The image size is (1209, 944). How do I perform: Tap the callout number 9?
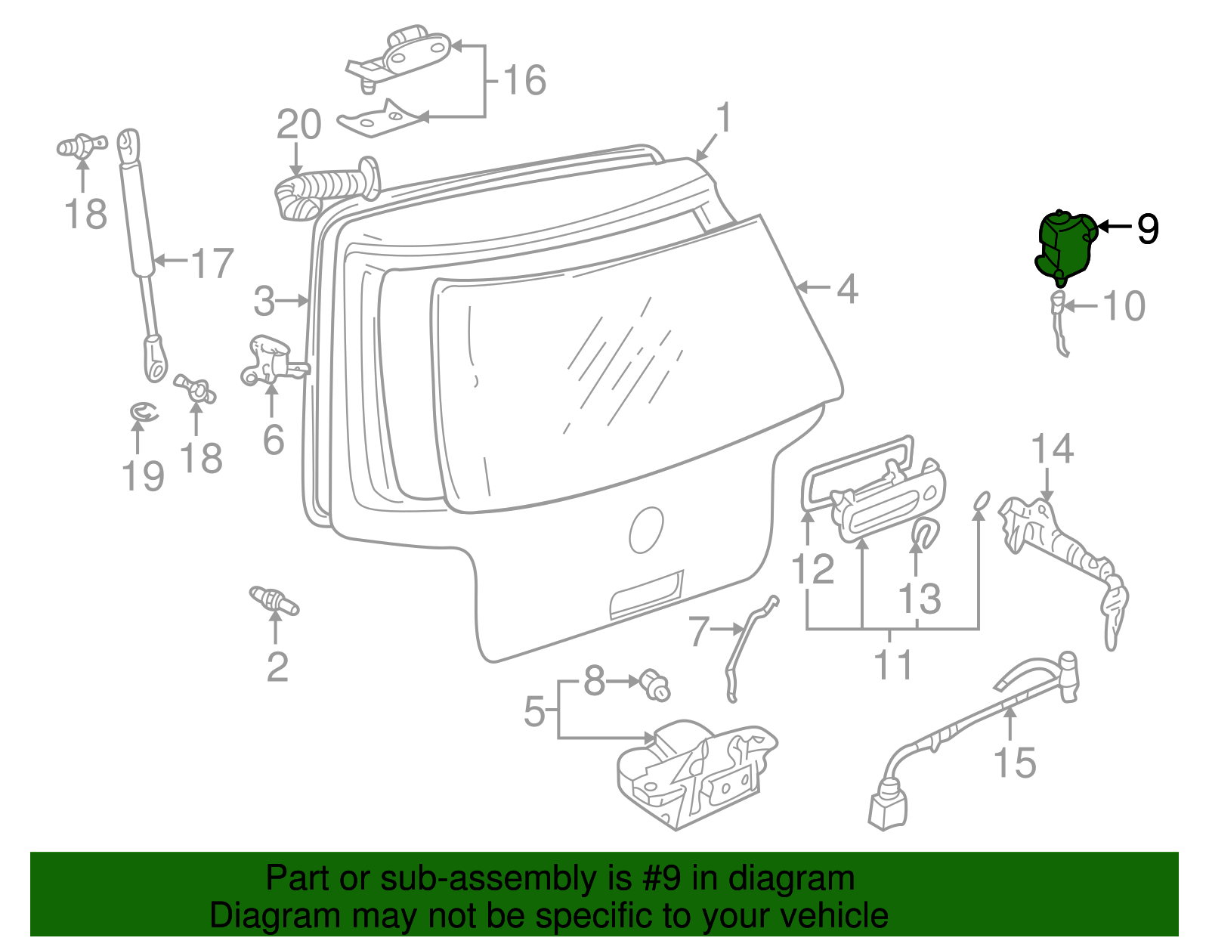coord(1147,228)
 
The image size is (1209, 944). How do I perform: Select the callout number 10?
coord(1124,306)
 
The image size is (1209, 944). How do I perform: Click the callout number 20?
coord(299,125)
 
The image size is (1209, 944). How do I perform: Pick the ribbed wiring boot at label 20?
coord(321,189)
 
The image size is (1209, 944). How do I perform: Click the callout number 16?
coord(524,80)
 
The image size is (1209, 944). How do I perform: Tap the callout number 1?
coord(724,119)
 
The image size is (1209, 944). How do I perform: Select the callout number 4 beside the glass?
coord(848,289)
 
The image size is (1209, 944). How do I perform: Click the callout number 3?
coord(264,301)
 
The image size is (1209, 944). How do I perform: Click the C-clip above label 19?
coord(143,412)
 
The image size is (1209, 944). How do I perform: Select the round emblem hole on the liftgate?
coord(647,529)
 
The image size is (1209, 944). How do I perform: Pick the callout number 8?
coord(595,682)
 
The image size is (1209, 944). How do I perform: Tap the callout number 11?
coord(893,665)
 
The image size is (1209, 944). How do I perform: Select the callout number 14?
coord(1052,449)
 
